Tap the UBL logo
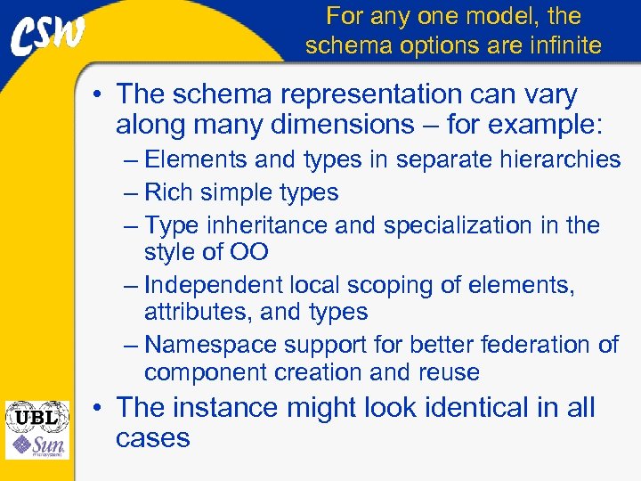click(x=37, y=416)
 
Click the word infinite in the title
click(x=558, y=45)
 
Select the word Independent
click(x=213, y=285)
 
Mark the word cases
click(x=152, y=438)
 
